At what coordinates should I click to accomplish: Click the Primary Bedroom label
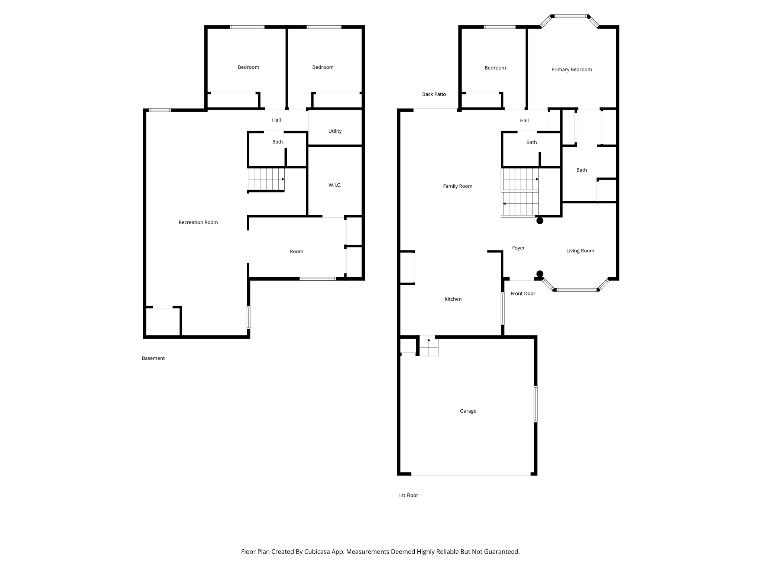pos(571,70)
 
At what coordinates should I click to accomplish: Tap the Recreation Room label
pos(198,222)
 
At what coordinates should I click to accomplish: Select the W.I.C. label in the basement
pos(334,185)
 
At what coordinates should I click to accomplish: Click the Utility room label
pos(335,131)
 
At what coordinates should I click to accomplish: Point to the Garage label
pos(468,411)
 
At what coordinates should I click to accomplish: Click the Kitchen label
pos(453,299)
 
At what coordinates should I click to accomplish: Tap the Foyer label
pos(518,248)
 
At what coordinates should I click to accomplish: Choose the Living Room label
pos(580,251)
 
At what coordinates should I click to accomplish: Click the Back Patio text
pos(434,94)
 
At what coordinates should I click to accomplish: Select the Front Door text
pos(522,294)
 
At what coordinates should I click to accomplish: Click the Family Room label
pos(457,186)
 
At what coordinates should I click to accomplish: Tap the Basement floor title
pos(153,358)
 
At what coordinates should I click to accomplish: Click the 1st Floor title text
pos(408,495)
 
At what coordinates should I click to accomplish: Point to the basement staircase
pos(266,179)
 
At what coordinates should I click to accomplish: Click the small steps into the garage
pos(429,347)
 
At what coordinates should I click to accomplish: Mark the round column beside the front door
pos(540,274)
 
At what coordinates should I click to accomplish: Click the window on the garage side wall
pos(535,404)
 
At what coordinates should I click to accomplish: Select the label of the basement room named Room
pos(296,252)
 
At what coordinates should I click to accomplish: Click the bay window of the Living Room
pos(576,290)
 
